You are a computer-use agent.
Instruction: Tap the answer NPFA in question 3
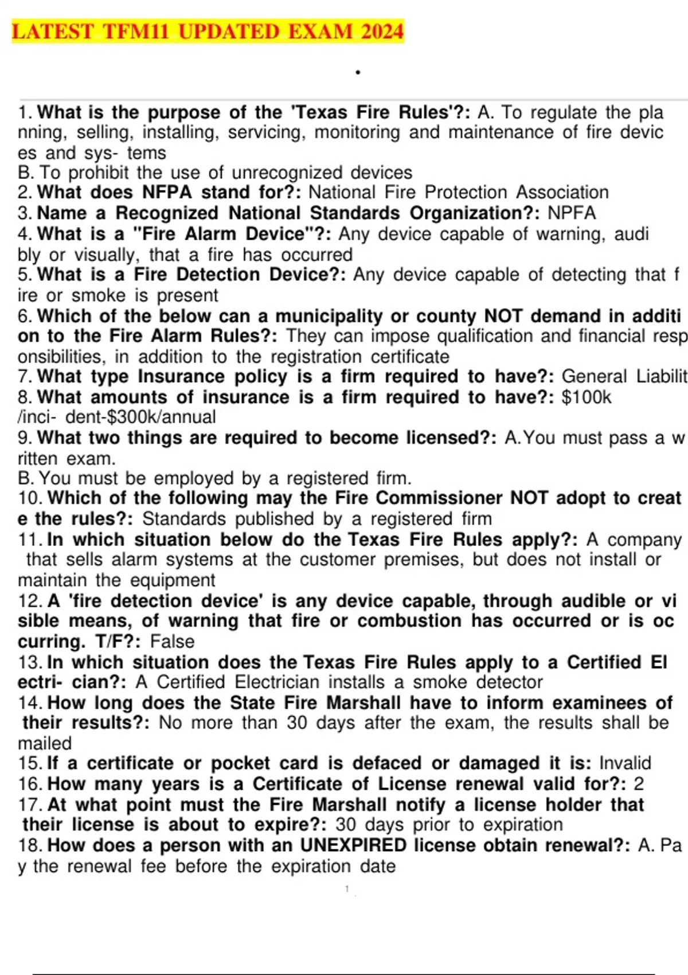[x=572, y=213]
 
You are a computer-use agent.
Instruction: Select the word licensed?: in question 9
[x=452, y=438]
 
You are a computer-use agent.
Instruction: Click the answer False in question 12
[x=172, y=641]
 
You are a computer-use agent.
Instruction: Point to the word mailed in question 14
[x=45, y=743]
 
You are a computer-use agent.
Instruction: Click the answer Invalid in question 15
[x=625, y=763]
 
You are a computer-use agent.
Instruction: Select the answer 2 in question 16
[x=639, y=783]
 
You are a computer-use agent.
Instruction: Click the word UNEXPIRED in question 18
[x=353, y=845]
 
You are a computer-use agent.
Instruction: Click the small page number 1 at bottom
[x=347, y=889]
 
